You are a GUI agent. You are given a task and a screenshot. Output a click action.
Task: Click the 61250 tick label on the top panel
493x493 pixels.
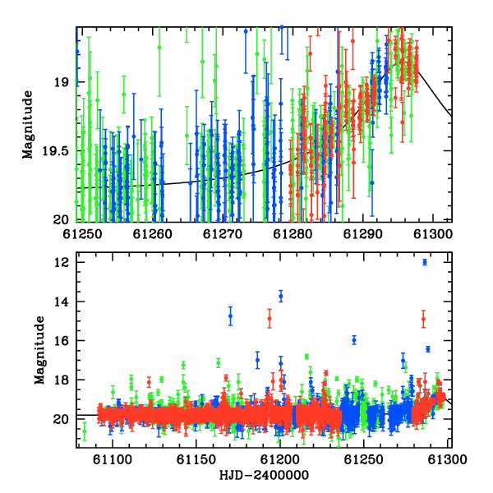[x=82, y=234]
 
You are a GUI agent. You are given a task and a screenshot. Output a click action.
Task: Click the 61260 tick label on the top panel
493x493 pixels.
[x=153, y=234]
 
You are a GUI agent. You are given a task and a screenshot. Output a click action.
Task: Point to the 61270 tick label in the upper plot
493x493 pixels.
[x=223, y=234]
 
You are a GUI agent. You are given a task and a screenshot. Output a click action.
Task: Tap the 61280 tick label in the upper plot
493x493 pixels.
[x=293, y=234]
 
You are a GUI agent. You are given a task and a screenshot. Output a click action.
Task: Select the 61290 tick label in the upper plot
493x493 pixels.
[x=363, y=234]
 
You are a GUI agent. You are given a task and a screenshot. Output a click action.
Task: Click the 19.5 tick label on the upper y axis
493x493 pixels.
[x=57, y=151]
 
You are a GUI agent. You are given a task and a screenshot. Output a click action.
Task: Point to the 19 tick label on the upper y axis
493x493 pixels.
[x=62, y=82]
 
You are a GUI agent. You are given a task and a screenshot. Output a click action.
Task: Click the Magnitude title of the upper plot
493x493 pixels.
[x=28, y=125]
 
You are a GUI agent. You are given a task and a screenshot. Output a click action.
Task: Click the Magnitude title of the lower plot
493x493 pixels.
[x=40, y=350]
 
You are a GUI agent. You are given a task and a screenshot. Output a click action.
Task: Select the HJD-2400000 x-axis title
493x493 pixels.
[x=264, y=475]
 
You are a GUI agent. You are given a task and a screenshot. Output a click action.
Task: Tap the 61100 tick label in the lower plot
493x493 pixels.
[x=113, y=459]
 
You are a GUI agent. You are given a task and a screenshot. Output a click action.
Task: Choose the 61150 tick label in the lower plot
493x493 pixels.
[x=196, y=459]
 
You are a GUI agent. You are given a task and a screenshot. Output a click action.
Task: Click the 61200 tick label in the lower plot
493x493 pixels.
[x=280, y=459]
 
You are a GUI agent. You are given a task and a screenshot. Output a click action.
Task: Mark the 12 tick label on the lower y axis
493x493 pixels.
[x=62, y=262]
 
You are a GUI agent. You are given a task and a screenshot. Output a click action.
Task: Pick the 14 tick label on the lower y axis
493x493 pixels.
[x=62, y=302]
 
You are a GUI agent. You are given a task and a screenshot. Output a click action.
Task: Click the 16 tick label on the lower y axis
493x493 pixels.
[x=62, y=340]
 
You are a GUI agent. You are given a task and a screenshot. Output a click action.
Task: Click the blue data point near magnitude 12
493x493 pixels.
[x=425, y=262]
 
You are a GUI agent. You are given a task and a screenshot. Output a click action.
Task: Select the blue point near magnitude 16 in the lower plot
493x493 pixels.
[x=354, y=340]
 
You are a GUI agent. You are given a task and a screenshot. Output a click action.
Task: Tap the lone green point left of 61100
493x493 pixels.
[x=85, y=431]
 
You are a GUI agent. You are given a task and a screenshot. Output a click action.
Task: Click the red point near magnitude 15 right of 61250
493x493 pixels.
[x=423, y=319]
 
